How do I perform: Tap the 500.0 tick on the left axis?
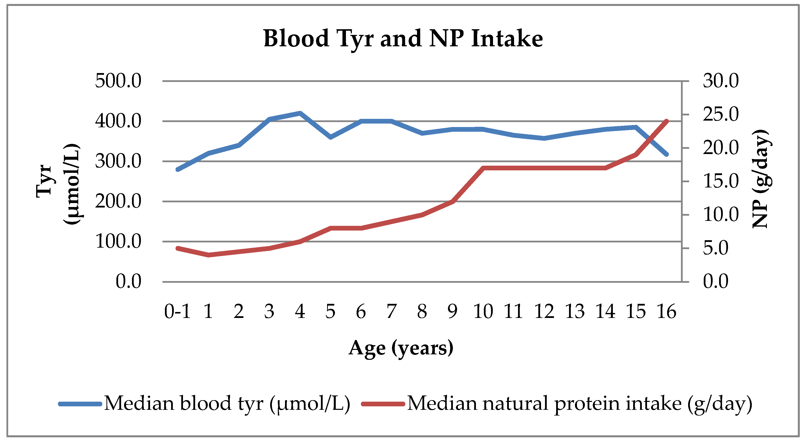tap(118, 81)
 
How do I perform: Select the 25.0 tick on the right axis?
tap(721, 114)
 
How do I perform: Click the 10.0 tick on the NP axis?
tap(721, 215)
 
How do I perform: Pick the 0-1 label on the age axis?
tap(177, 312)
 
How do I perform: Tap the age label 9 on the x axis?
tap(452, 312)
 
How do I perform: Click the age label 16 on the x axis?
tap(666, 312)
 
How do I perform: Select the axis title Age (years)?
tap(401, 348)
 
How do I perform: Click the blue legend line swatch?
tap(80, 404)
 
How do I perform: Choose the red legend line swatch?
tap(383, 404)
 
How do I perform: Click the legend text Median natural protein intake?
tap(579, 404)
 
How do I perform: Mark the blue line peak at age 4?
tap(300, 113)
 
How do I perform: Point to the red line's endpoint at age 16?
tap(666, 121)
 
